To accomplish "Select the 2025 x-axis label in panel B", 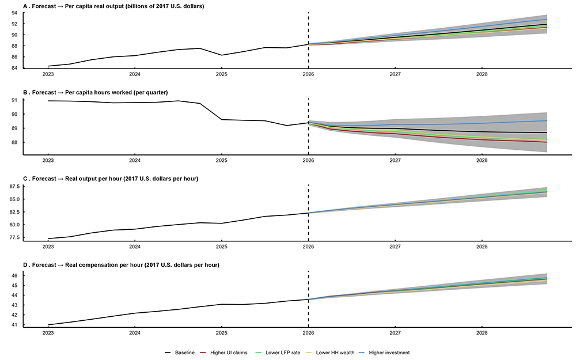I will (x=221, y=160).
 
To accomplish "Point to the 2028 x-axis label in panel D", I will (x=482, y=333).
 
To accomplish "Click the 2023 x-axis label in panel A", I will (x=48, y=74).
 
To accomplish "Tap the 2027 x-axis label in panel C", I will (x=395, y=247).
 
